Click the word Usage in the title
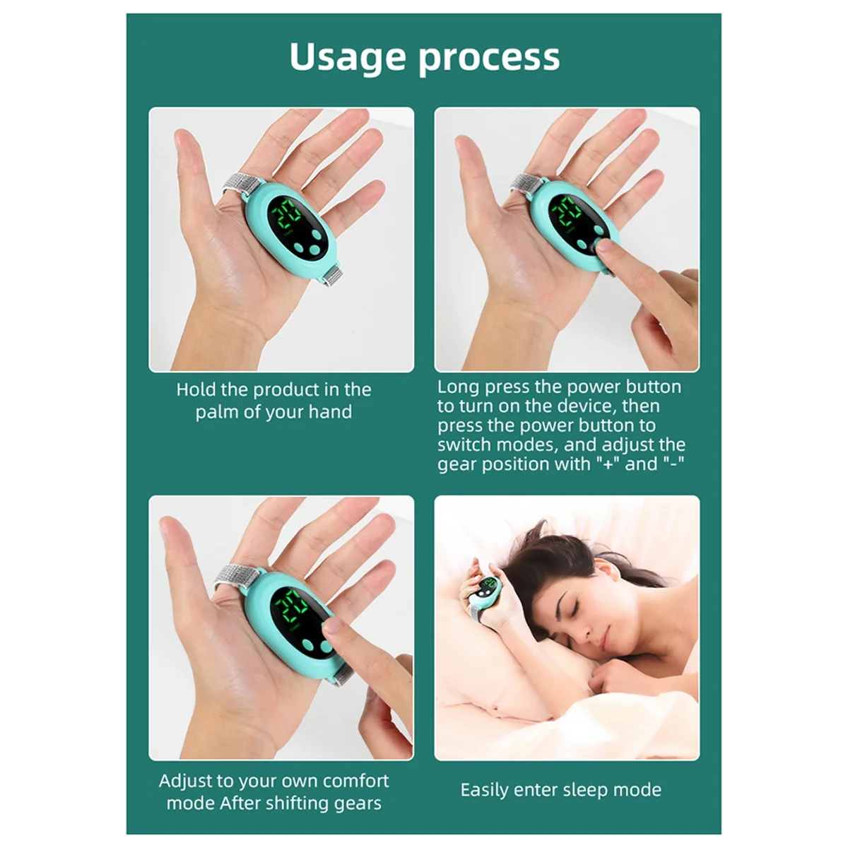[348, 58]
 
